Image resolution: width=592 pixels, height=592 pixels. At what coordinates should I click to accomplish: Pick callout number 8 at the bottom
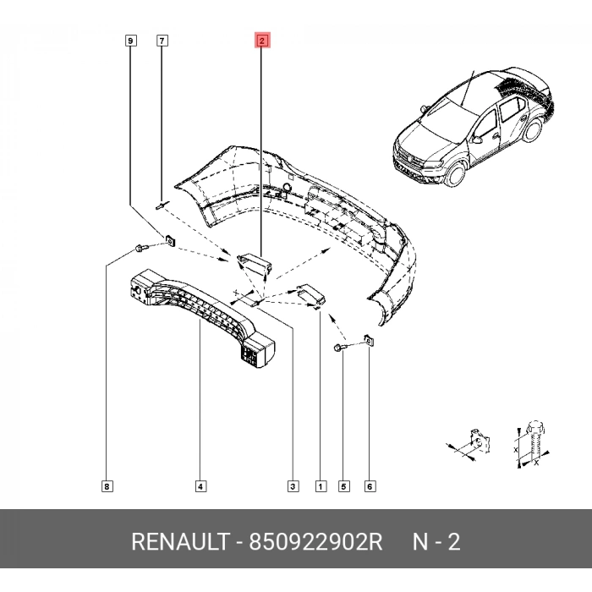point(107,486)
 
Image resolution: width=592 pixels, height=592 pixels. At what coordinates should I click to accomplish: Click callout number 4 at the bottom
point(200,486)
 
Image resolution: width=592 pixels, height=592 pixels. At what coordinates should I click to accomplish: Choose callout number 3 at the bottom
point(293,486)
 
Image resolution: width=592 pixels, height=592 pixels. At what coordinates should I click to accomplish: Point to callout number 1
point(321,486)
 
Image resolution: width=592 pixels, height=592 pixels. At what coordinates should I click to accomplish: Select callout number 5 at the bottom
point(343,486)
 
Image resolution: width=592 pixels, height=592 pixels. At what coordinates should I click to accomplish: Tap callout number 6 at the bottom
point(370,486)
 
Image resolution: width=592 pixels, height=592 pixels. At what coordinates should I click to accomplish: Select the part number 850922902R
point(315,542)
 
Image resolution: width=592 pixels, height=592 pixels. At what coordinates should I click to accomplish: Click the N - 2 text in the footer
point(436,542)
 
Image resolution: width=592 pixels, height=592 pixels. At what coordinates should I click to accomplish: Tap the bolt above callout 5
point(340,348)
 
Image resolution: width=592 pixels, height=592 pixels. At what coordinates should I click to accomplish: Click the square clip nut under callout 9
point(168,243)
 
